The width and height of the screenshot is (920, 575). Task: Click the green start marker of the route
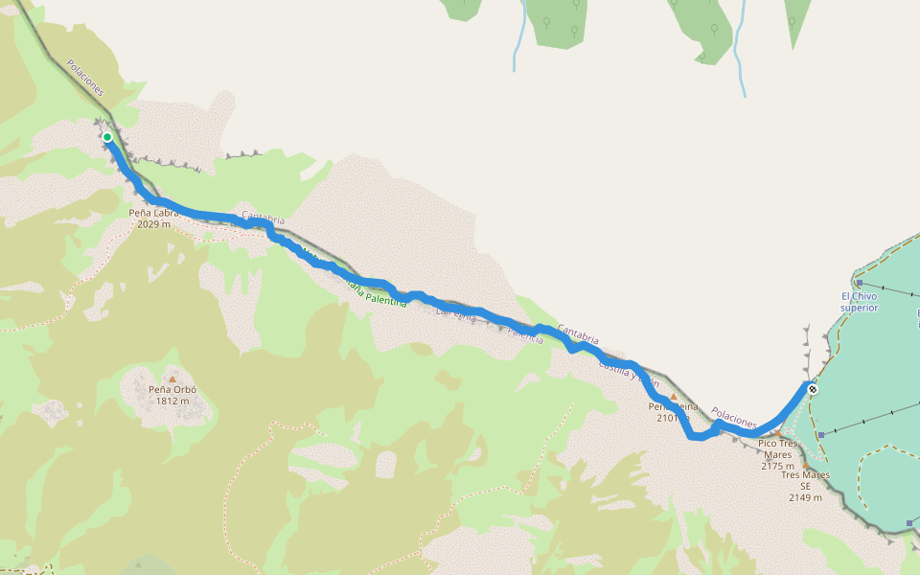[107, 138]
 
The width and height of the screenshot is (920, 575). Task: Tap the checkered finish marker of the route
[812, 388]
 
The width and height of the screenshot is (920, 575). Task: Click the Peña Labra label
[153, 214]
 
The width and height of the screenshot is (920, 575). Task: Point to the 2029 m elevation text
[153, 225]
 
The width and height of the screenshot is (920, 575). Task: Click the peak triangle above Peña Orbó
[172, 379]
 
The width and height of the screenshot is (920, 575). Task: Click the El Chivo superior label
[859, 302]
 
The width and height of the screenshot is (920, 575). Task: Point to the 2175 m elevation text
[777, 466]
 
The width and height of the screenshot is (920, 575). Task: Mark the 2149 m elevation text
[805, 497]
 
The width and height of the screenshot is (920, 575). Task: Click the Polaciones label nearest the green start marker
[85, 78]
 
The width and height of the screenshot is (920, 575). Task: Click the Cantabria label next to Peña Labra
[264, 218]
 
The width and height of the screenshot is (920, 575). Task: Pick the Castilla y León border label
[628, 373]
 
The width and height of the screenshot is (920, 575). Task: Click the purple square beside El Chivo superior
[860, 284]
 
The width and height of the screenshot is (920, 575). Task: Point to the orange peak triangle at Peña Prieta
[674, 396]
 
